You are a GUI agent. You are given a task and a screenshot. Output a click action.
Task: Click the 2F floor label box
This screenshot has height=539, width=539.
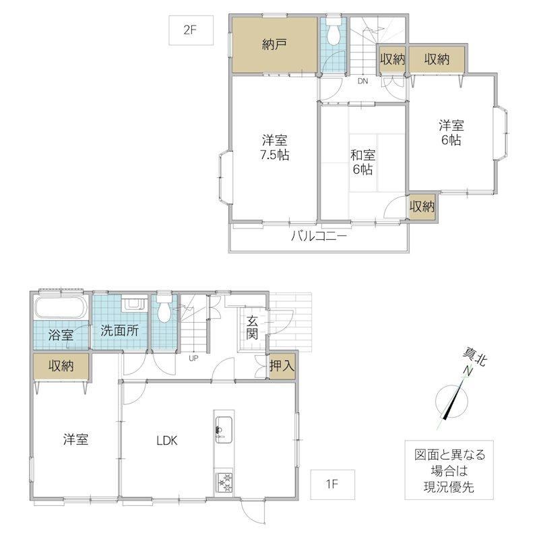coord(191,30)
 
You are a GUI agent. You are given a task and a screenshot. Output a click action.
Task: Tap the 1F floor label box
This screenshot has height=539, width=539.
coord(332,484)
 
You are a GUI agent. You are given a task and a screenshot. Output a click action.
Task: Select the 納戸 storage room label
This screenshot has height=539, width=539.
coord(274,44)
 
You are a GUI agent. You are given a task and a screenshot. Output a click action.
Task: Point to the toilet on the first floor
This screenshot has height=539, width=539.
coord(164,308)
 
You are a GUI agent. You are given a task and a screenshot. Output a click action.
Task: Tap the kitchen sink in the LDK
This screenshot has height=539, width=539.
coord(224,430)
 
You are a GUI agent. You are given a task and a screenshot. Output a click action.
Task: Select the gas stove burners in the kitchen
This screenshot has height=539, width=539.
coord(224,482)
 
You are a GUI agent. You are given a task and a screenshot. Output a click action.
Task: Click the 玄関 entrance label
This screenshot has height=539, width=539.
coord(252,327)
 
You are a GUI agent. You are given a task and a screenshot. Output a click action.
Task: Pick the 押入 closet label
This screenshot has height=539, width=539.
coord(282,366)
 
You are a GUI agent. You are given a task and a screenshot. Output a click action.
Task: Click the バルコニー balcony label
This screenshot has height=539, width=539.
coord(319,236)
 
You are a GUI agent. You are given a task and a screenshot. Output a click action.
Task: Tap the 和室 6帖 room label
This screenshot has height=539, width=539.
coord(362,162)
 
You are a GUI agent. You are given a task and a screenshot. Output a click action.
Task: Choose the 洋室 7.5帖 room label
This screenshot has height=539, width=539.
coord(274,148)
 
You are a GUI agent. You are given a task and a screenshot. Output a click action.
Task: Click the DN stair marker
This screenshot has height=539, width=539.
coord(362,81)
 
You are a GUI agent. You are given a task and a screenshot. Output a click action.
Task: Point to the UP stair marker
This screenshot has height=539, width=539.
coord(193,358)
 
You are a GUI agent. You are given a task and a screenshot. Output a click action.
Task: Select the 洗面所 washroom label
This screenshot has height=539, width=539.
coord(120,330)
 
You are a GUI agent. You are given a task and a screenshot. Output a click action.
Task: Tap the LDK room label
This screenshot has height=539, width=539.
coord(166,441)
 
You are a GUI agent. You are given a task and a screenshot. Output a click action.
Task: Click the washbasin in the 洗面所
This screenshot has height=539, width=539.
coord(133,304)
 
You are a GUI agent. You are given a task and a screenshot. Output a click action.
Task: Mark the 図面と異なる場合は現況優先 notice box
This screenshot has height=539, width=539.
coord(449,470)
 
